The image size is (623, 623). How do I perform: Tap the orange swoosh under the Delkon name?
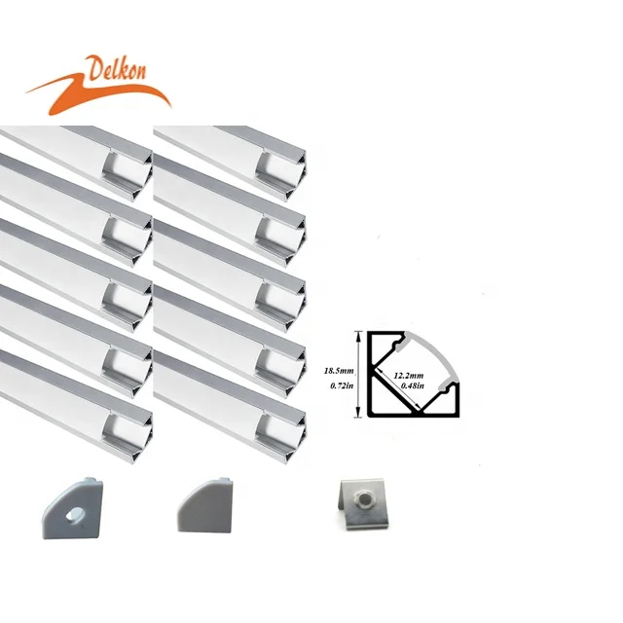coord(97,92)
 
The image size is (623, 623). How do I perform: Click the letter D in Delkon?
coord(92,71)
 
